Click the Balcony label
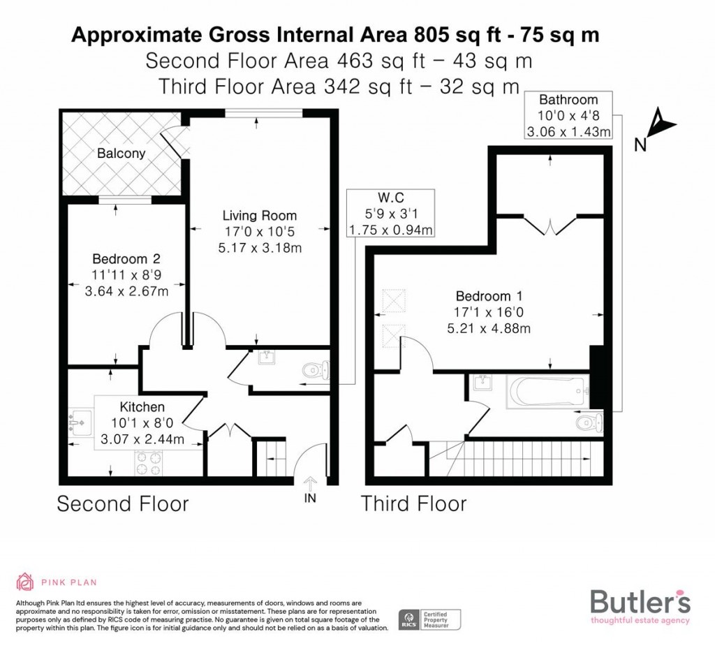pyautogui.click(x=121, y=153)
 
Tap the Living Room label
pyautogui.click(x=259, y=216)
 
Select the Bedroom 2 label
pyautogui.click(x=126, y=259)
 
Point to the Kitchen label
pyautogui.click(x=142, y=407)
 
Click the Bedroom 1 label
pyautogui.click(x=489, y=295)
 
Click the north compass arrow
pyautogui.click(x=660, y=126)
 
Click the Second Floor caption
pyautogui.click(x=122, y=503)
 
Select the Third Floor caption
pyautogui.click(x=413, y=503)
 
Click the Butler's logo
pyautogui.click(x=640, y=605)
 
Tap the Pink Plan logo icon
pyautogui.click(x=25, y=582)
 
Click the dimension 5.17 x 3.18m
pyautogui.click(x=260, y=248)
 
